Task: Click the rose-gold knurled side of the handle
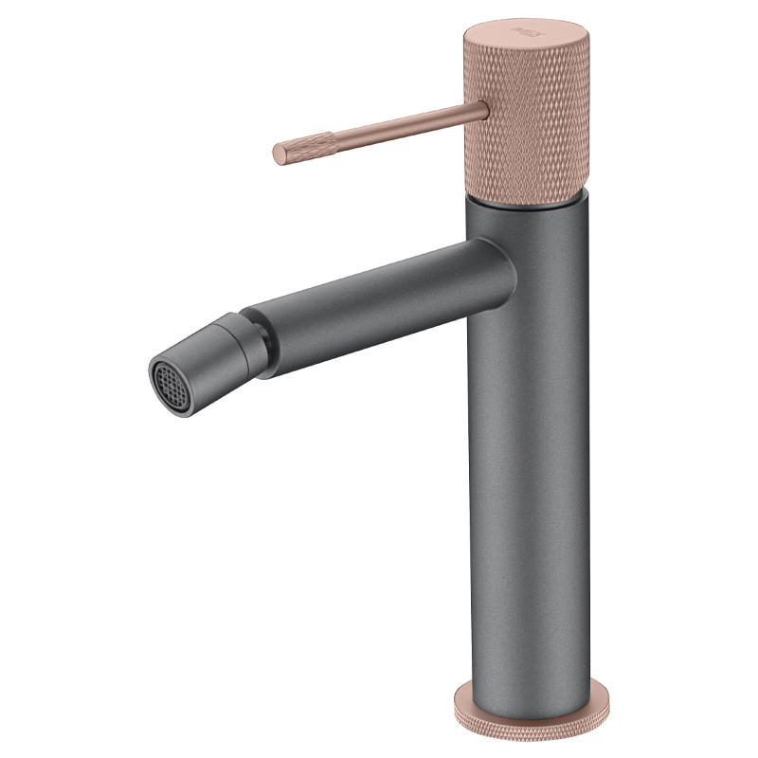(531, 123)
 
